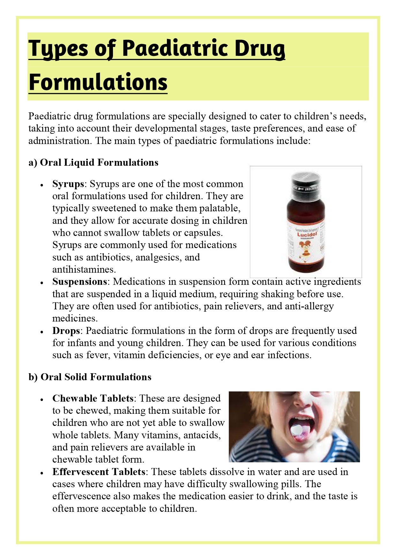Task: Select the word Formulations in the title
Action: pos(98,82)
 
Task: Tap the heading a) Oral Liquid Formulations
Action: pos(93,163)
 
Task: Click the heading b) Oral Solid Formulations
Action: pos(90,377)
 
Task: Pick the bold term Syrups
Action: pos(68,184)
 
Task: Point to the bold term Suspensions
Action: pos(79,282)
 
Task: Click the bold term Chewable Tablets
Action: pos(93,398)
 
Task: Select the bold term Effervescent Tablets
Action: pos(99,472)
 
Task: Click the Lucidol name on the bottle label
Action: pos(307,235)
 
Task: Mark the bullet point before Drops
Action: pos(42,332)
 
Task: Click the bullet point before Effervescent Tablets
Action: pos(42,473)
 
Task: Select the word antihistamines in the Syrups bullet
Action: pos(84,269)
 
